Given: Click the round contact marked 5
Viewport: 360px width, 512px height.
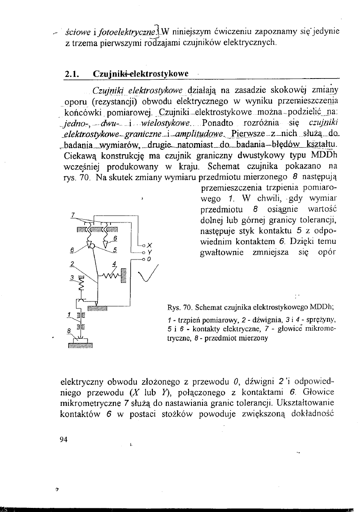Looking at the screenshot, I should click(92, 246).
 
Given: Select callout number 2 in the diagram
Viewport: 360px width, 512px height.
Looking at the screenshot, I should click(72, 264).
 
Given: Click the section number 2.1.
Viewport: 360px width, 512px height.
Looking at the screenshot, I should click(72, 74).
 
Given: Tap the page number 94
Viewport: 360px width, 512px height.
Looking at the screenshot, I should click(64, 439).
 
